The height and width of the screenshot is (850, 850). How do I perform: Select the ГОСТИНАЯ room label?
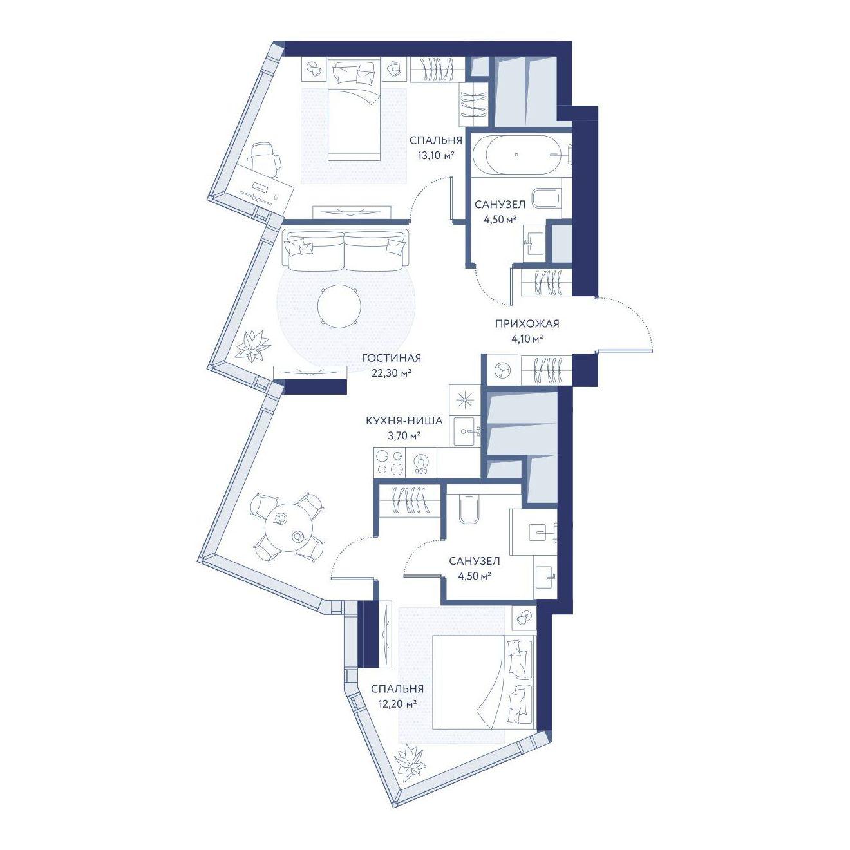coord(392,358)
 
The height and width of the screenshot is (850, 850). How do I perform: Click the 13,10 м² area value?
coord(436,155)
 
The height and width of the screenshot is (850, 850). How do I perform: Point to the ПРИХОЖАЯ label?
coord(527,324)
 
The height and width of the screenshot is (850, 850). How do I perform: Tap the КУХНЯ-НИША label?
coord(404,420)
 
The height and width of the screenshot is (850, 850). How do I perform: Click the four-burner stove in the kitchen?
coord(389,462)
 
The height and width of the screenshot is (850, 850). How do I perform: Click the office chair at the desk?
coord(264,158)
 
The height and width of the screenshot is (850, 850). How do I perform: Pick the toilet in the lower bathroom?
coord(469,509)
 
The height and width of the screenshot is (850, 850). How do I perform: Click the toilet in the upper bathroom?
coord(547,198)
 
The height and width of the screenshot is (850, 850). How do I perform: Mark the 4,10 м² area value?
coord(527,339)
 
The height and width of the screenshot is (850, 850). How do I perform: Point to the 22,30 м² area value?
coord(392,373)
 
